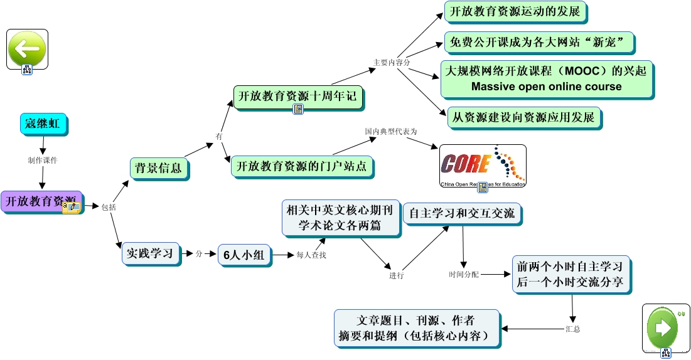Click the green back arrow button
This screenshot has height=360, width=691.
tap(27, 48)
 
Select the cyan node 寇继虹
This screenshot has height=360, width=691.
tap(43, 124)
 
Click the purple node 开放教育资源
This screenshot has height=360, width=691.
tap(41, 201)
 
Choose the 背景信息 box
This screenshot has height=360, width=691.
tap(158, 167)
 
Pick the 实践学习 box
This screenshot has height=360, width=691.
tap(149, 253)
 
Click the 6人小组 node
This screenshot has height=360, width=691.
tap(244, 255)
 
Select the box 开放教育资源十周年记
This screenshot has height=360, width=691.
tap(298, 97)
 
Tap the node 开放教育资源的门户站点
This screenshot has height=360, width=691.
tap(301, 167)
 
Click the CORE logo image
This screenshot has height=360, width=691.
tap(482, 166)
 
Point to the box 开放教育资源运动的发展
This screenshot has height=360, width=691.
tap(515, 11)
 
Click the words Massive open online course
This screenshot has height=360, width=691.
tap(546, 87)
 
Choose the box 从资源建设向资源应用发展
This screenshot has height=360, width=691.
tap(523, 117)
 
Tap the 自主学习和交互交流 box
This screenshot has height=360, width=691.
tap(461, 214)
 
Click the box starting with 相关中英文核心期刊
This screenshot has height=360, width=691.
tap(340, 217)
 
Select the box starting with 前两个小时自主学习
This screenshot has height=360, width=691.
tap(570, 274)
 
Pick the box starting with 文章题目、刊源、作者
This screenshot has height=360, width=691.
tap(417, 327)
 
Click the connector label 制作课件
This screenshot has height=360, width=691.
tap(42, 160)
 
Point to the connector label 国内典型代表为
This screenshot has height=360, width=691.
tap(391, 132)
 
